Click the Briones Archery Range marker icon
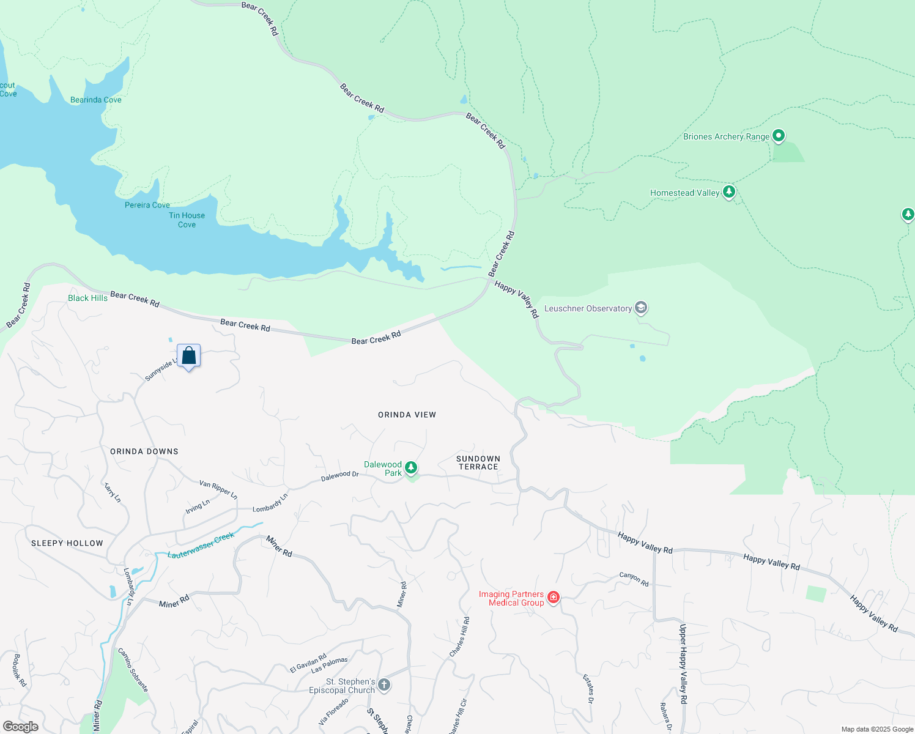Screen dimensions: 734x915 coord(778,136)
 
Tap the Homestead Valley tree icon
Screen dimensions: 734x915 coord(728,192)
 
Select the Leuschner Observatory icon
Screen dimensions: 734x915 coord(641,308)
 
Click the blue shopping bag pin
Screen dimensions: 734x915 coord(189,356)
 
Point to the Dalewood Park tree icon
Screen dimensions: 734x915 coord(411,469)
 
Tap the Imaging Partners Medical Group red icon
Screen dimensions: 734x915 coord(554,598)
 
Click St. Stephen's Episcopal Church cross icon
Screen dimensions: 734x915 coord(384,685)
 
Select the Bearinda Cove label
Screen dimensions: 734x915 coord(96,100)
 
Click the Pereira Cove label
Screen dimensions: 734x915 coord(147,205)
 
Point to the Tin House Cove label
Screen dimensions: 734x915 coord(187,220)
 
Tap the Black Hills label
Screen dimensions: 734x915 coord(87,298)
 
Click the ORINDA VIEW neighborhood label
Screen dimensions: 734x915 coord(407,415)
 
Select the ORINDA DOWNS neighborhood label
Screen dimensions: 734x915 coord(144,451)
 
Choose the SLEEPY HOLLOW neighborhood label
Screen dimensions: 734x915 coord(67,543)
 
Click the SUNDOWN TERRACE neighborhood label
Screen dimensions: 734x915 coord(478,462)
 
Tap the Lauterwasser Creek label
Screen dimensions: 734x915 coord(201,545)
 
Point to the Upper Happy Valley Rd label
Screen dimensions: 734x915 coord(683,664)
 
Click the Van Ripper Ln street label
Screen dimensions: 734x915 coord(218,489)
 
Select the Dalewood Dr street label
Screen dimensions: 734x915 coord(340,475)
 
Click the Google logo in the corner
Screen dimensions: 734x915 coord(20,727)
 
